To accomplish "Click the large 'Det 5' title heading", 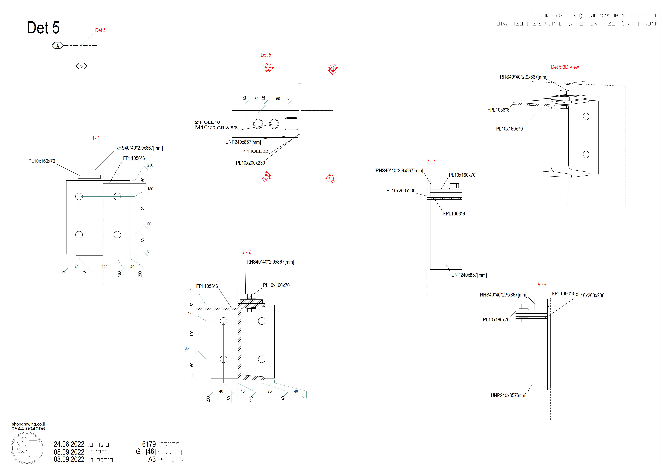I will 43,28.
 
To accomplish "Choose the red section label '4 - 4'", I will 542,284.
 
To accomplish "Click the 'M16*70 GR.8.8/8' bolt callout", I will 216,128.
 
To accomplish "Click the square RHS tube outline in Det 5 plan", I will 291,124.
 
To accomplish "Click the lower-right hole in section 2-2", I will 262,359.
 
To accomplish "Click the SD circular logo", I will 27,448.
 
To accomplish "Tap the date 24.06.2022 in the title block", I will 69,444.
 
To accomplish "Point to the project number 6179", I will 149,444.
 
